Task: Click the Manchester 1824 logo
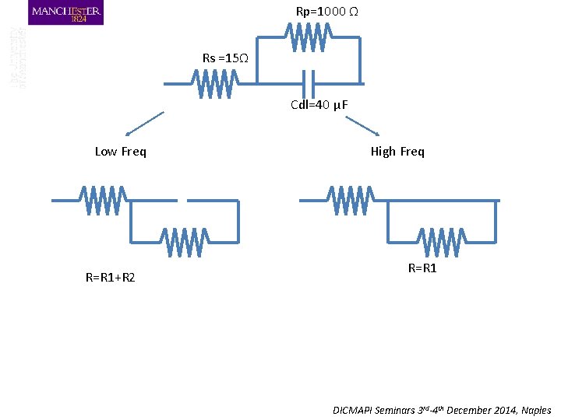(65, 13)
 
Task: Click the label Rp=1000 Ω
(326, 12)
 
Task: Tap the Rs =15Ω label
(225, 58)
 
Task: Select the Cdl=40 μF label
(319, 105)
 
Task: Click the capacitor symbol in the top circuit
(309, 82)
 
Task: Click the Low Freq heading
(120, 152)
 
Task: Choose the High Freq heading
(397, 152)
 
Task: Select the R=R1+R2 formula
(110, 277)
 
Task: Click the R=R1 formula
(422, 268)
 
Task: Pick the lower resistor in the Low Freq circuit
(185, 242)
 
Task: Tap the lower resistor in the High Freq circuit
(441, 242)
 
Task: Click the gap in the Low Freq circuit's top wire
(184, 200)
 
